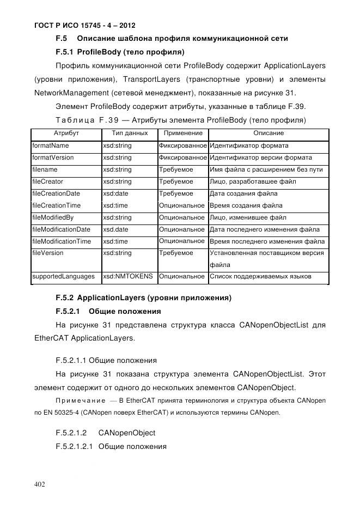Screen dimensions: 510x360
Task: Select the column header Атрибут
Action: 66,133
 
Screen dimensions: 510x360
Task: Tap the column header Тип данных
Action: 129,133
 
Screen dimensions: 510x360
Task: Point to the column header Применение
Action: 182,133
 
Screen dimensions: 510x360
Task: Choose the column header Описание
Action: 268,133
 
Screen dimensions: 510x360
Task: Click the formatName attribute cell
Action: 51,146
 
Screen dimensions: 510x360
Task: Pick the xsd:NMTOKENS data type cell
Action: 128,277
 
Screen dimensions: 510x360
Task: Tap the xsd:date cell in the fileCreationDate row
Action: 115,193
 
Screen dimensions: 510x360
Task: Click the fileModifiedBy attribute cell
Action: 53,217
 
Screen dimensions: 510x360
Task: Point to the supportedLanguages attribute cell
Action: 63,277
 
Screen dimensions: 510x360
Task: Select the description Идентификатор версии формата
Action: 261,158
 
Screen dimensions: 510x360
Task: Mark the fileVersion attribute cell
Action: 48,253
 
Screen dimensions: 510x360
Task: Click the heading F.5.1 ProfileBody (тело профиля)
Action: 120,53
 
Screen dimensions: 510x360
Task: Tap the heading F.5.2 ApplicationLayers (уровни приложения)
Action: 143,298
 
